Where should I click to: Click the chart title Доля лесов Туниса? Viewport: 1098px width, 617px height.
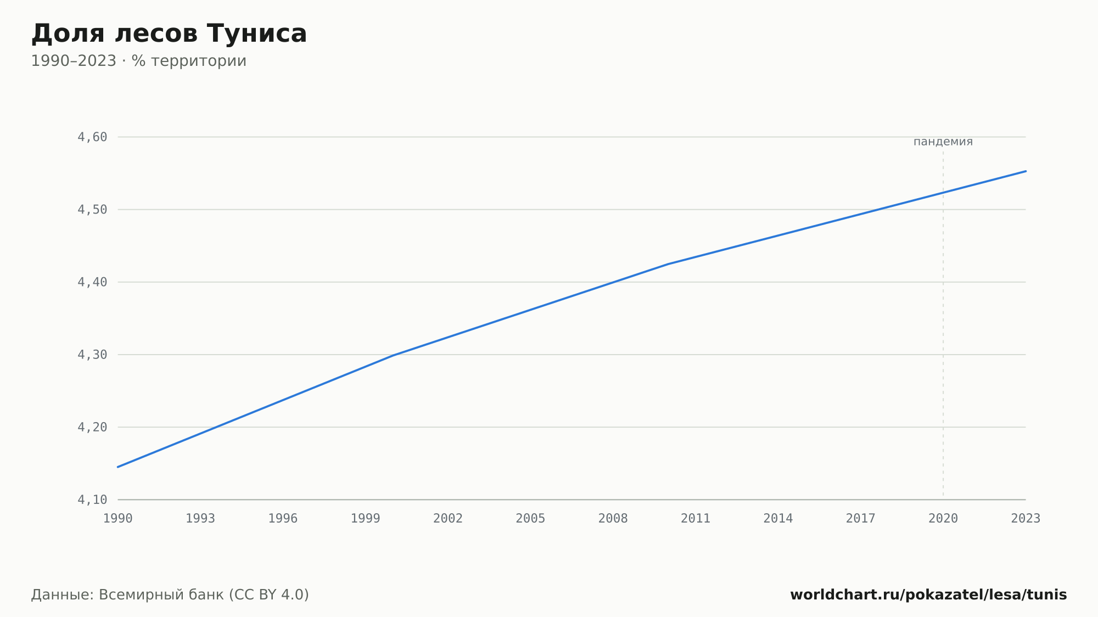(169, 33)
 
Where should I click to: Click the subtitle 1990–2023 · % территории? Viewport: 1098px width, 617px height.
(139, 61)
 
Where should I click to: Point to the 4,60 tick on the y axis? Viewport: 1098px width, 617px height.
(92, 137)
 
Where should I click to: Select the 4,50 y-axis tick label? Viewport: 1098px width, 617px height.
(92, 210)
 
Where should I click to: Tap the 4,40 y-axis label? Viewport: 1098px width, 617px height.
(92, 282)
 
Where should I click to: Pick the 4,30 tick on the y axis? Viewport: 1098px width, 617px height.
(92, 355)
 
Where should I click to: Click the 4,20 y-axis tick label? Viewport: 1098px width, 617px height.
(92, 427)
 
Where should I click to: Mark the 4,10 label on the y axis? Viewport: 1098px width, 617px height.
(92, 500)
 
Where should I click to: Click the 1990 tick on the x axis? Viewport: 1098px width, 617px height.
(118, 519)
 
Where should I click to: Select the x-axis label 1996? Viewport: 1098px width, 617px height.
(283, 519)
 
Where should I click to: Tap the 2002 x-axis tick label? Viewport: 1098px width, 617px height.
(448, 519)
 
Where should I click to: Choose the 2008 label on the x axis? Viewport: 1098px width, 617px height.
(613, 519)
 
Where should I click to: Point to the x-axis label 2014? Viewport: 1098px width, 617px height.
(778, 519)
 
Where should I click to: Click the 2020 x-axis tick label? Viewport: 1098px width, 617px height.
(943, 519)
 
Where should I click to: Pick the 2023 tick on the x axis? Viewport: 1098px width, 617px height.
(1026, 519)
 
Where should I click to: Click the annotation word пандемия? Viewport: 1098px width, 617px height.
(943, 142)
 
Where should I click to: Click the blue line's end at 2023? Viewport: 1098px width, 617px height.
(1026, 171)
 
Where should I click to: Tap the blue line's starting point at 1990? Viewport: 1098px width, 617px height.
(118, 467)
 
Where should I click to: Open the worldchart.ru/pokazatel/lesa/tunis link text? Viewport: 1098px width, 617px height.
(928, 595)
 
